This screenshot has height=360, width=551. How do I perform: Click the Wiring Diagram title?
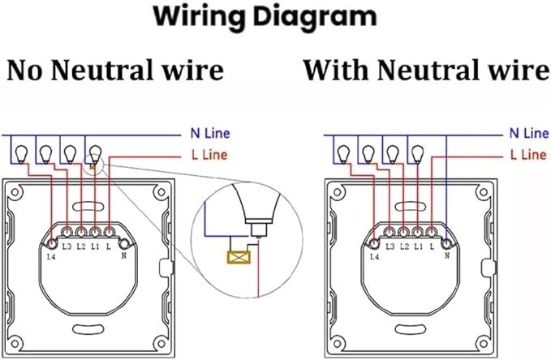(x=277, y=16)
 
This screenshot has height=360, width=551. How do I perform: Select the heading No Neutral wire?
(x=115, y=71)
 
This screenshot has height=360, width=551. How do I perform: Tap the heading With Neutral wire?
(x=425, y=71)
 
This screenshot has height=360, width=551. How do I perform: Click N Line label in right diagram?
(x=527, y=134)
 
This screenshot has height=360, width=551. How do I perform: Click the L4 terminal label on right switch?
(x=374, y=258)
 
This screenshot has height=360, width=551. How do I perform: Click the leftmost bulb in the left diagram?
(x=22, y=152)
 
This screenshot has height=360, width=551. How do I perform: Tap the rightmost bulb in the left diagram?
(x=96, y=152)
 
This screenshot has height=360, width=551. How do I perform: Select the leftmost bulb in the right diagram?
(x=344, y=152)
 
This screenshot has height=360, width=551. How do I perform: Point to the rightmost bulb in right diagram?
(x=417, y=152)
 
